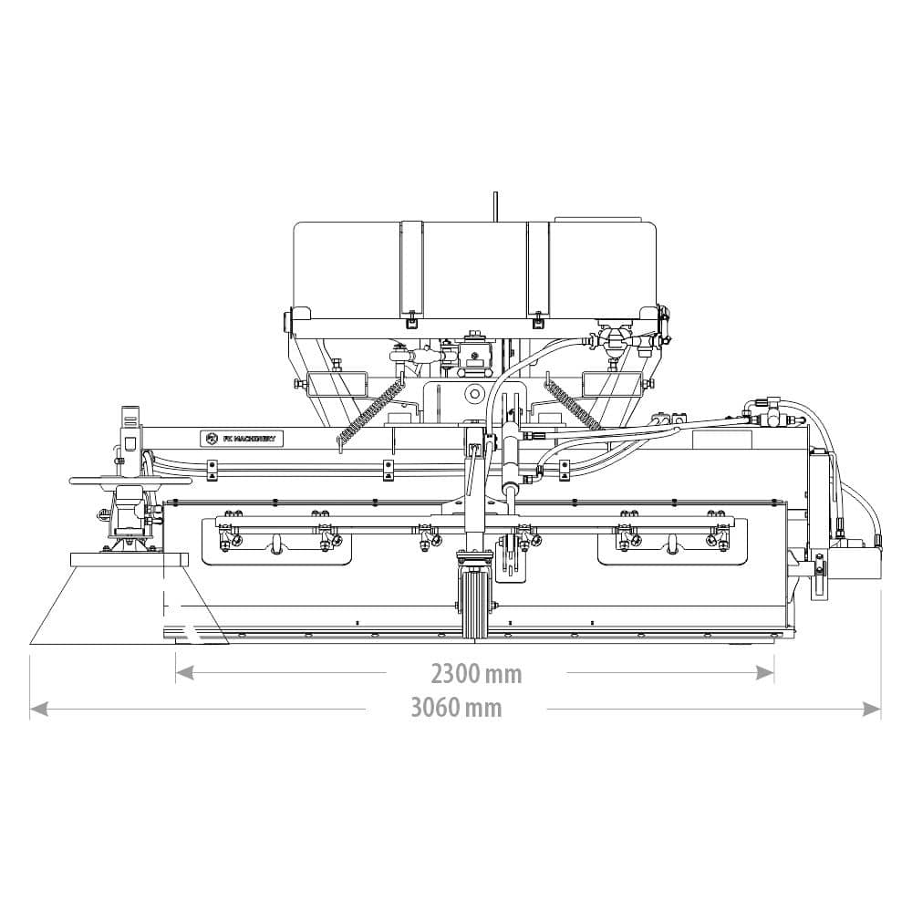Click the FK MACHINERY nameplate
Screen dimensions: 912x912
[242, 439]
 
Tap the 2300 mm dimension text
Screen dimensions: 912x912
[476, 674]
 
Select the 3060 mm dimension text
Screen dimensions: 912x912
[456, 708]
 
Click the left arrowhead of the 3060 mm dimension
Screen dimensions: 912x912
[38, 708]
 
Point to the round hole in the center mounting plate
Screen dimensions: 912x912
[473, 394]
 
